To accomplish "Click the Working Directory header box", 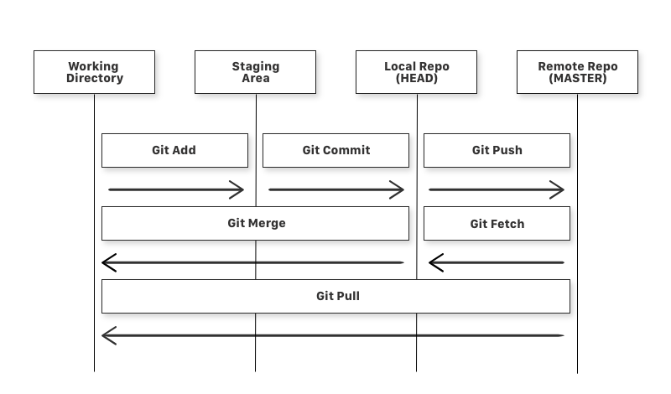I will coord(94,72).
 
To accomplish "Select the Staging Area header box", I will coord(255,72).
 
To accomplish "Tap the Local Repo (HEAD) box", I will coord(416,72).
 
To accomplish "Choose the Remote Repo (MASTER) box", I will coord(577,72).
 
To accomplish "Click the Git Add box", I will coord(174,150).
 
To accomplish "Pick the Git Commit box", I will coord(335,150).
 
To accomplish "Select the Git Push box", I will coord(497,150).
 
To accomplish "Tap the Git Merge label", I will coord(256,223).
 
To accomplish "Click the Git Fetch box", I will coord(497,224).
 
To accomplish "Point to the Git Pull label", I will coord(337,296).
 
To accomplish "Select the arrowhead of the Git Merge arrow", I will coord(107,263).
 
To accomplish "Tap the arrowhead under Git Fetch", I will coord(434,263).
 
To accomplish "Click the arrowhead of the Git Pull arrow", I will coord(107,336).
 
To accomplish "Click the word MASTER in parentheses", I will coord(577,79).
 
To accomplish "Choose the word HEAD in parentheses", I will coord(417,79).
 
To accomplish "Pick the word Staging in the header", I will coord(256,66).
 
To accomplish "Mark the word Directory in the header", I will coord(94,79).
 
